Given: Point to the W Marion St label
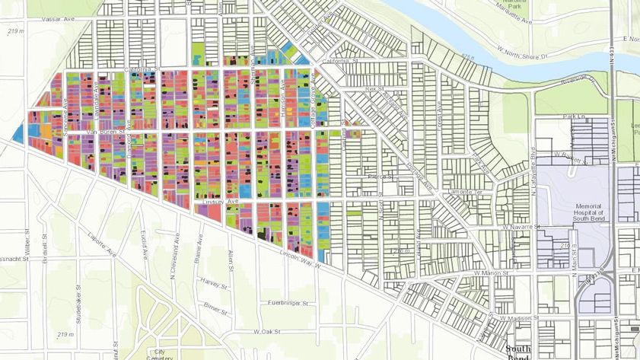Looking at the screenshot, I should pos(489,272).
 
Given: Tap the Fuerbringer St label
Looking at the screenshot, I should pos(287,303).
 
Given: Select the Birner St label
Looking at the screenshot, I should pos(217,311).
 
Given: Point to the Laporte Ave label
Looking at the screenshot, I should pos(101,244).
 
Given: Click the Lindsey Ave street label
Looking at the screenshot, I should pos(221,202).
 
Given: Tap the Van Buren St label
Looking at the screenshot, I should pos(103,132).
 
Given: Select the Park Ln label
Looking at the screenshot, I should pos(563,116).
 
